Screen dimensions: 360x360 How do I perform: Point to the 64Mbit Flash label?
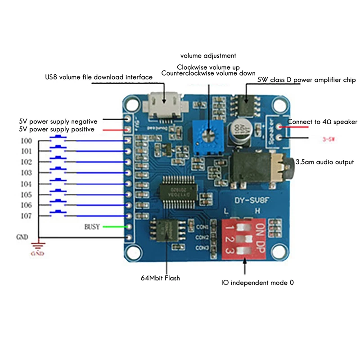(x=160, y=278)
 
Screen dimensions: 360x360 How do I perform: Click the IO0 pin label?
(x=26, y=141)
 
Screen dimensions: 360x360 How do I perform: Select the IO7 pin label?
(x=26, y=216)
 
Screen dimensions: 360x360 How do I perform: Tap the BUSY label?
(x=92, y=226)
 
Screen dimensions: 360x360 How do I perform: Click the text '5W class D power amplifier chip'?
(x=306, y=80)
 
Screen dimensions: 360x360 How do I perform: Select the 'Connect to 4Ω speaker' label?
(x=322, y=122)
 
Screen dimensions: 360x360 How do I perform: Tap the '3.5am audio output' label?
(x=324, y=162)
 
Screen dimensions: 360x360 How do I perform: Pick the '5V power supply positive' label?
(x=57, y=129)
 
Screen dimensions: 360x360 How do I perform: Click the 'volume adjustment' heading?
(x=208, y=56)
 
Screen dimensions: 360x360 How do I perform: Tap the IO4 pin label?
(x=26, y=184)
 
